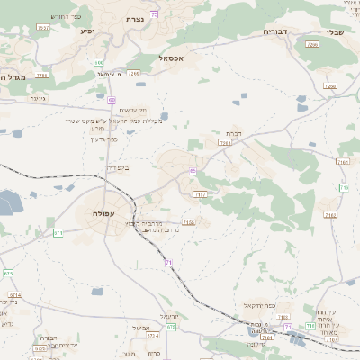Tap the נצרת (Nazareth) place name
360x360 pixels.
tap(135, 18)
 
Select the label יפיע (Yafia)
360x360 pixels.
tap(87, 31)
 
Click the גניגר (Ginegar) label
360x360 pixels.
tap(38, 98)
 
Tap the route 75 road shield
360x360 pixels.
tap(154, 13)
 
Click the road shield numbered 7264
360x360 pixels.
tap(225, 142)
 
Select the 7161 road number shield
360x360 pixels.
tap(343, 162)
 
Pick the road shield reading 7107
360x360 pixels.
tap(200, 193)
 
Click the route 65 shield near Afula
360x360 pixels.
tap(192, 171)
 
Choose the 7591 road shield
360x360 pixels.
tap(43, 28)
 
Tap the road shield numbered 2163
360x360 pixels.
tap(330, 215)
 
